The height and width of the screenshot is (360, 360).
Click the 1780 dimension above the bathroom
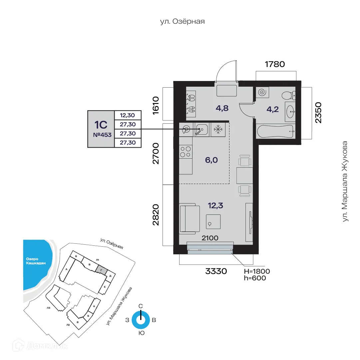click(x=275, y=64)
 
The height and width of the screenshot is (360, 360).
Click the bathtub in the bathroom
click(x=275, y=131)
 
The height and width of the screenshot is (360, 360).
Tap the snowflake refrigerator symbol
click(x=218, y=129)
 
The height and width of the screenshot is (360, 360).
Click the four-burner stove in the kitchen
click(x=186, y=152)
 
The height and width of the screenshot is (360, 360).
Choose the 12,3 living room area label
click(x=215, y=206)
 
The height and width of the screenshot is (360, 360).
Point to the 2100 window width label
click(x=210, y=238)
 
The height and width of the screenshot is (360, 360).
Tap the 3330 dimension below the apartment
click(x=216, y=271)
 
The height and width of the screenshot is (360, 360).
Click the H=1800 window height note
click(x=257, y=271)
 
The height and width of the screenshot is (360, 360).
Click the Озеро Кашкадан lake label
click(x=35, y=261)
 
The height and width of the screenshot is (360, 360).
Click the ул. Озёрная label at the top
click(x=182, y=22)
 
